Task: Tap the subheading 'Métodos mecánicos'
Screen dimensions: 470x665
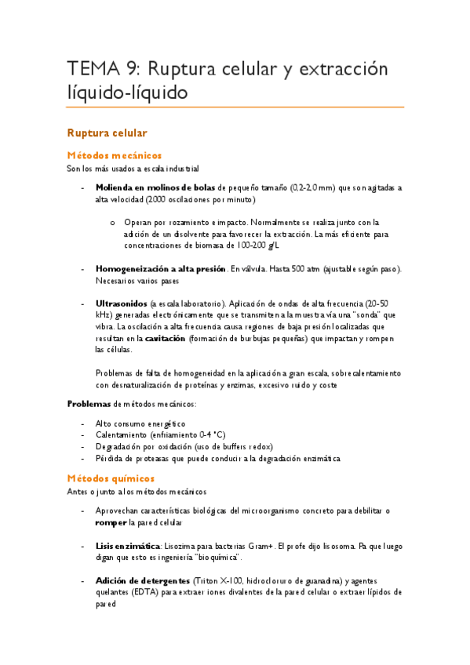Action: click(115, 155)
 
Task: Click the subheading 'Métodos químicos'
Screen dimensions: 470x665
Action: click(111, 478)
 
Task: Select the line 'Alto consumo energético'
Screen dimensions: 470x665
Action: click(141, 423)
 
